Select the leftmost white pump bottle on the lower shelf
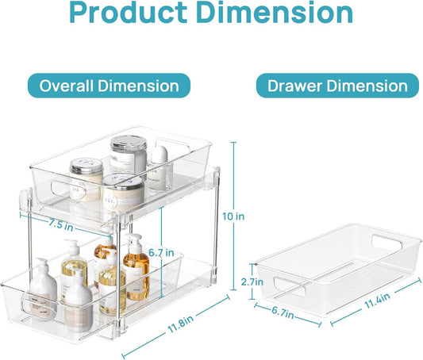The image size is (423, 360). click(44, 285)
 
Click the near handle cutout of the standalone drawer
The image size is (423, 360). click(286, 281)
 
